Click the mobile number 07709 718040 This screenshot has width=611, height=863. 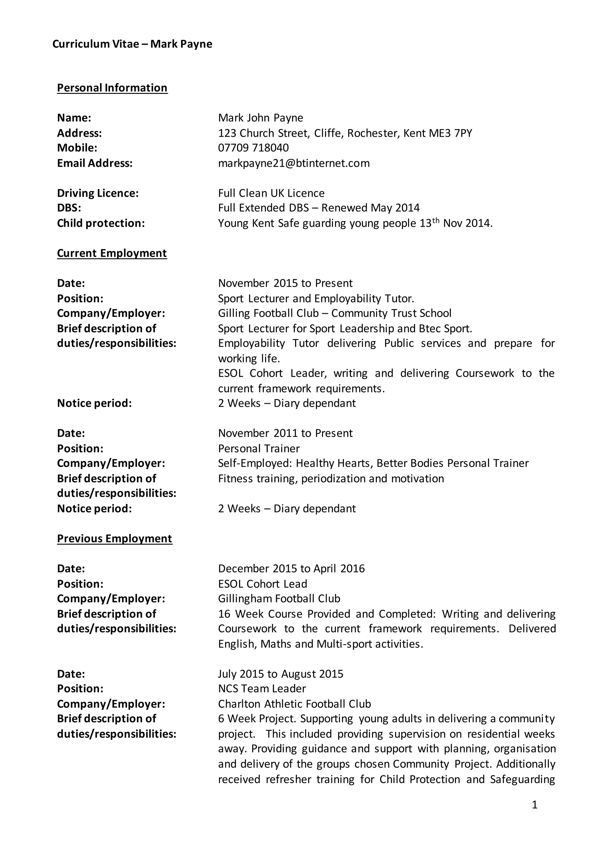[x=253, y=148]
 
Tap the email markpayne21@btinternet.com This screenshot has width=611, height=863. [x=294, y=163]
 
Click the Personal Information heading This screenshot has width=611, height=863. [x=112, y=88]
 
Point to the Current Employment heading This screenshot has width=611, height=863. [x=112, y=253]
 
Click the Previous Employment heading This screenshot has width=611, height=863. [x=114, y=538]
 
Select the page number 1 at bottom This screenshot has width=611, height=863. [x=535, y=804]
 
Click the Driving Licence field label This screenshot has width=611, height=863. [x=98, y=193]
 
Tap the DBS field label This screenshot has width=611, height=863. [x=69, y=208]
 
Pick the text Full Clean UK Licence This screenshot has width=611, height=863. [x=271, y=193]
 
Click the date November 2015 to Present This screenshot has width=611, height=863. [x=285, y=283]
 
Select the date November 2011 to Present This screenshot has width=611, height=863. [x=285, y=433]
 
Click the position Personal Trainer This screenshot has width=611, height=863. [x=259, y=448]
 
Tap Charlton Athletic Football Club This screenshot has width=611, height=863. [x=294, y=704]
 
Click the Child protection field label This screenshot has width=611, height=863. [x=101, y=223]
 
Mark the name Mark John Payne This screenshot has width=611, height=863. [x=260, y=118]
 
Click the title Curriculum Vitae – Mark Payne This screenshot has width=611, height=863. [x=132, y=44]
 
